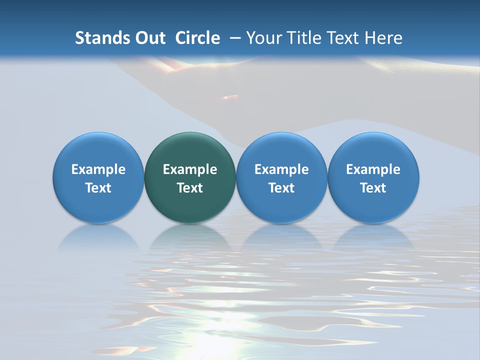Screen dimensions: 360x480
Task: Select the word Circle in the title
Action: click(197, 38)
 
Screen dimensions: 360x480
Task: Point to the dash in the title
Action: click(235, 38)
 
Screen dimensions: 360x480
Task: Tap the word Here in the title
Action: click(383, 38)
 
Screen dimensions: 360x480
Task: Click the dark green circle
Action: click(190, 150)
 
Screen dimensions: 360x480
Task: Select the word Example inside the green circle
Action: click(190, 169)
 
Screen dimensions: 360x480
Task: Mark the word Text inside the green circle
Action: click(190, 188)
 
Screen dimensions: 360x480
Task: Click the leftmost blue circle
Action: click(98, 150)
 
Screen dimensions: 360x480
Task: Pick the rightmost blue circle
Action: click(373, 150)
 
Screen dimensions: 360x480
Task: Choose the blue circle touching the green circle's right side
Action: click(281, 150)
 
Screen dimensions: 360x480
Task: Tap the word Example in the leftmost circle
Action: click(98, 169)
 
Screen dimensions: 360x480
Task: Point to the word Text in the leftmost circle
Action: click(98, 188)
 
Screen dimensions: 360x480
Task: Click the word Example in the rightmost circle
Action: click(373, 169)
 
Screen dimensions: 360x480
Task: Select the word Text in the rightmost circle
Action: click(373, 188)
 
